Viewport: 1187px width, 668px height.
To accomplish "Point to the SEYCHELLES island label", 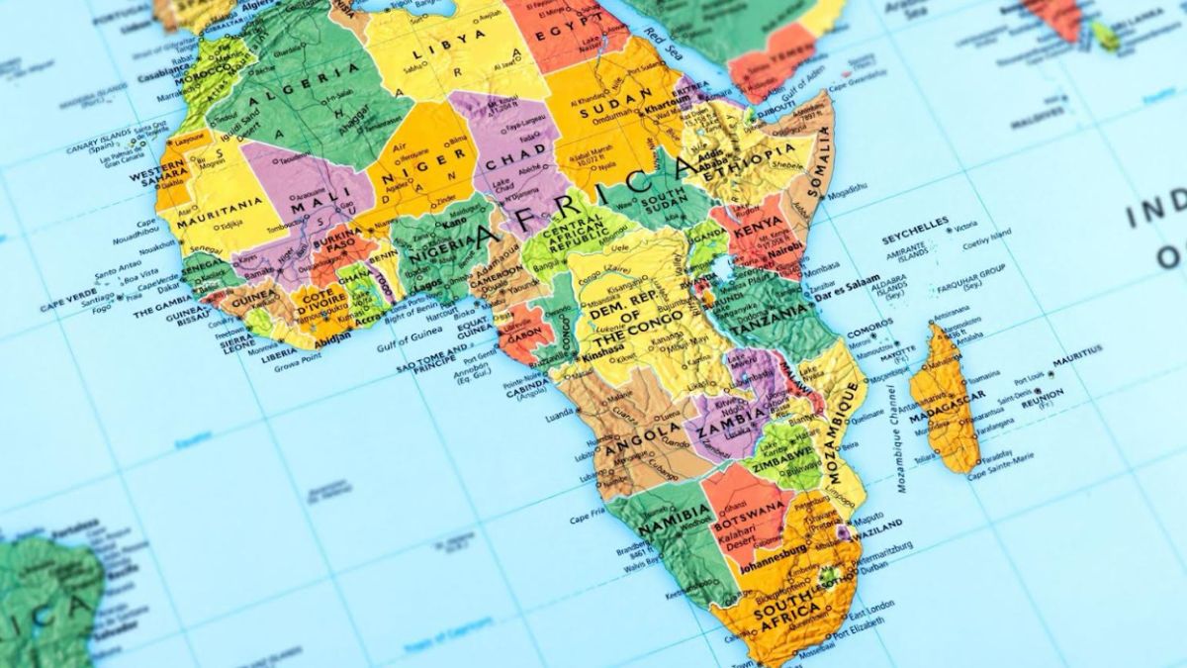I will click(x=915, y=224).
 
